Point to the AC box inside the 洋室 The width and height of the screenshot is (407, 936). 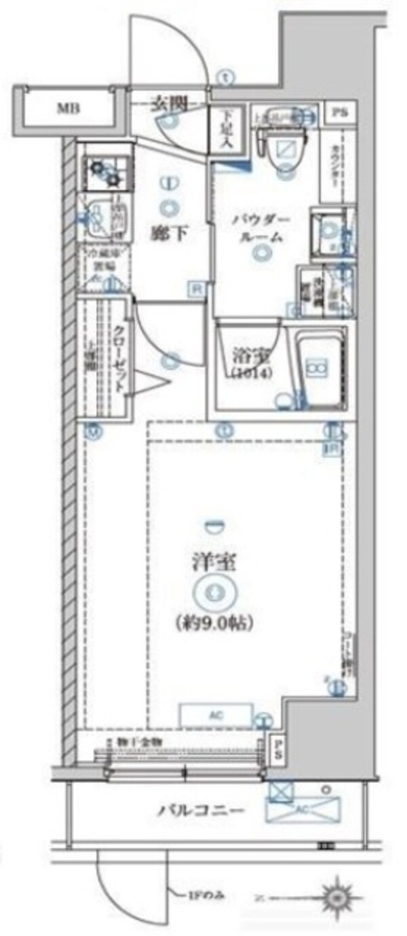coord(212,714)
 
